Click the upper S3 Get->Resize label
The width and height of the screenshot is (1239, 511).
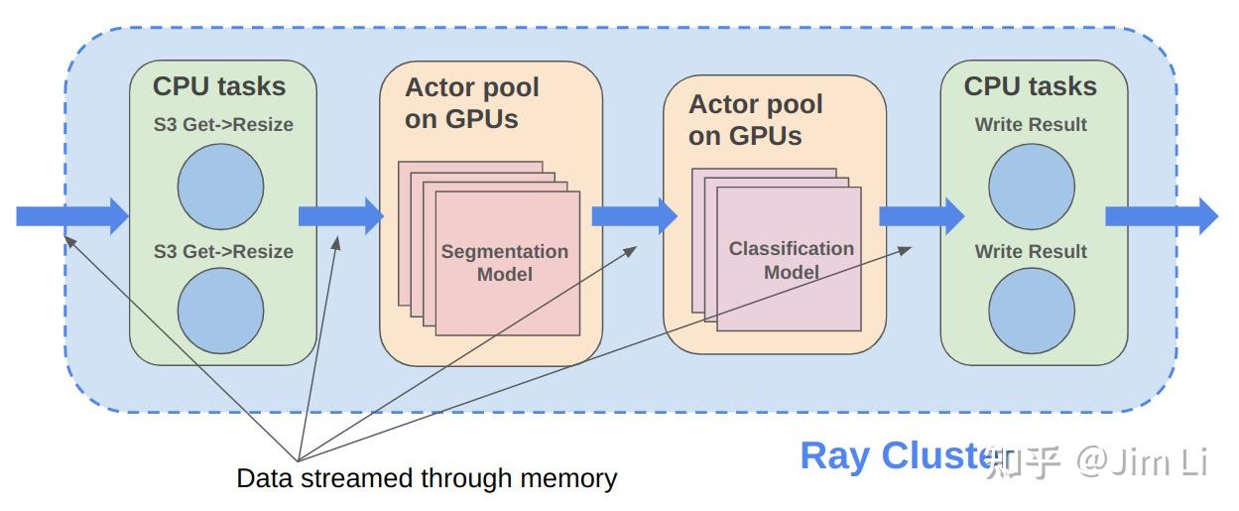tap(222, 125)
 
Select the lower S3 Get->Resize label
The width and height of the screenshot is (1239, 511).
tap(222, 251)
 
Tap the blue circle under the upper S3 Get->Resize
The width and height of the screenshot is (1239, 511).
tap(220, 187)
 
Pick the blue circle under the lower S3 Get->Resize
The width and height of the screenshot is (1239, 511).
tap(220, 311)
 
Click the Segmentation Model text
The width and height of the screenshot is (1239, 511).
tap(505, 263)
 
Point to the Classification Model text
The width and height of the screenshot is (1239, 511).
tap(791, 260)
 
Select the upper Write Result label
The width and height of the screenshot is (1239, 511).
tap(1031, 125)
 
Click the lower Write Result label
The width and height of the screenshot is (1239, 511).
tap(1031, 251)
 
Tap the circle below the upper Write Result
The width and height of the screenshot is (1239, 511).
tap(1032, 187)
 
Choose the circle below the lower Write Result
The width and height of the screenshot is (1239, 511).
tap(1032, 311)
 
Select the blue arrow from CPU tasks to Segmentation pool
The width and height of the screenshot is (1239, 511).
tap(340, 215)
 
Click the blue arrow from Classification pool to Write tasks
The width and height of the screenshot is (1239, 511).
tap(921, 215)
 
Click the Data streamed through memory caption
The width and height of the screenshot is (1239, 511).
tap(427, 478)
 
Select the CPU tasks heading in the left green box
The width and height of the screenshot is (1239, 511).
tap(219, 86)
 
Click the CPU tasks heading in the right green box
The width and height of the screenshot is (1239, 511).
tap(1030, 86)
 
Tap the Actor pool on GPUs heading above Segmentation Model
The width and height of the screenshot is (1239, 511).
tap(472, 102)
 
